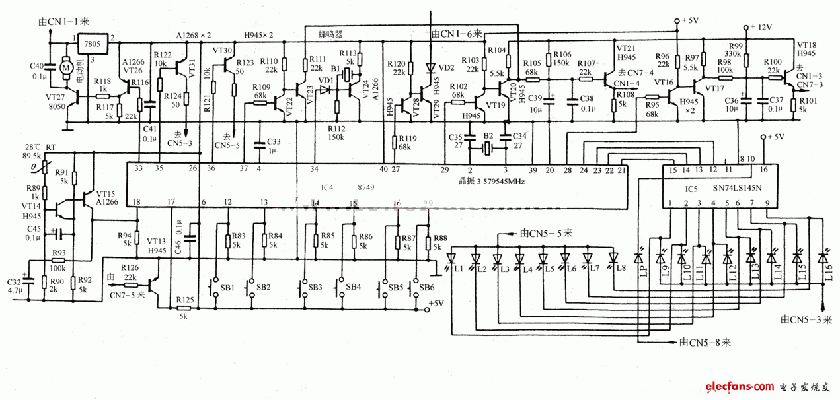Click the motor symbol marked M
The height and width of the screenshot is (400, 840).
66,66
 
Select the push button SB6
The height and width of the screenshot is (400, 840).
418,288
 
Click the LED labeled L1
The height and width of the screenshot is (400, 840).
453,258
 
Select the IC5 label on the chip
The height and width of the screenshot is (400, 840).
691,189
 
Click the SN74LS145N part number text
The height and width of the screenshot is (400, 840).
738,189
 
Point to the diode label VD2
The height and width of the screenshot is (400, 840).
447,68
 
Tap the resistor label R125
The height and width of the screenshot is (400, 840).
185,300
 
